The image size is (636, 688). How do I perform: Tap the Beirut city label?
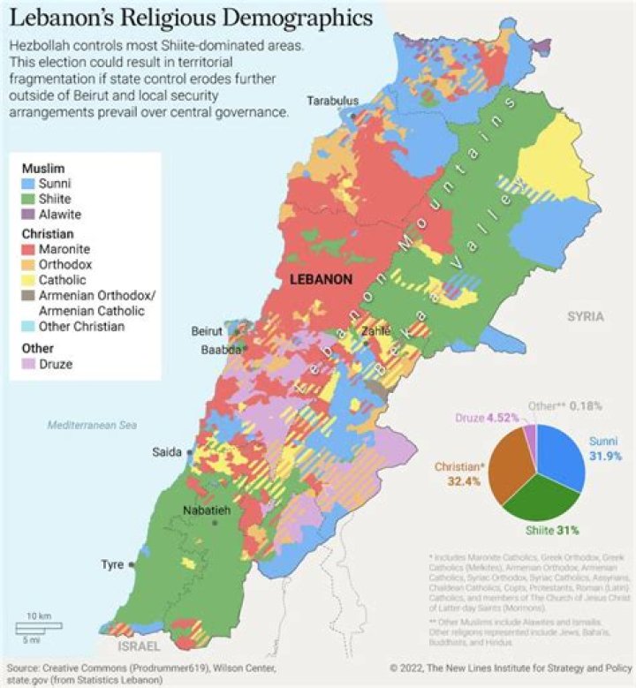tap(208, 331)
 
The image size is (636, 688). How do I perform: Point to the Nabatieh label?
tap(206, 510)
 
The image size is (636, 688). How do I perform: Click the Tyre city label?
tap(112, 563)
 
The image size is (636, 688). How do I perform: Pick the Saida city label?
tap(167, 451)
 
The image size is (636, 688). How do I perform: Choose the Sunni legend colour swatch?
tap(30, 184)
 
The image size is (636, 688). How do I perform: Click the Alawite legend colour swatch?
tap(30, 214)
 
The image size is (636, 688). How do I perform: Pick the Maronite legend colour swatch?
tap(30, 249)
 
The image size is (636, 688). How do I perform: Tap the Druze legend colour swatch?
tap(30, 364)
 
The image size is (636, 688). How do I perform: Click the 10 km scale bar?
tap(37, 624)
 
